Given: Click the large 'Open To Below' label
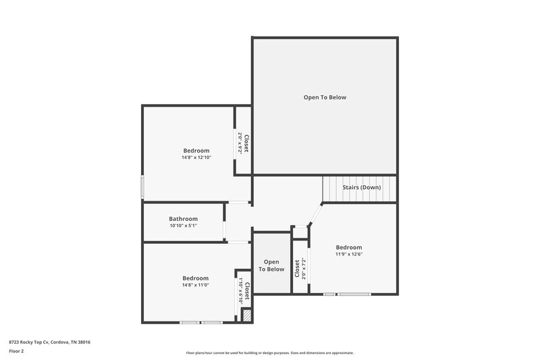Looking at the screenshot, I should click(x=324, y=97).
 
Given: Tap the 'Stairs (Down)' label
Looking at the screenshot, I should click(x=361, y=187).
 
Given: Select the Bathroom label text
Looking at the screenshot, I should click(x=183, y=219).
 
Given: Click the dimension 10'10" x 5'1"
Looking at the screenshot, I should click(x=183, y=226).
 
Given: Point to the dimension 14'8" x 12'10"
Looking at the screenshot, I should click(x=196, y=157).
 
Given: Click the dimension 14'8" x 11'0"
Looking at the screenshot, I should click(x=195, y=285).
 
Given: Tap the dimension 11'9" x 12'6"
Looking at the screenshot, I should click(x=349, y=254).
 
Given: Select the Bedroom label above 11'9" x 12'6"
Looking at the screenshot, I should click(x=349, y=247).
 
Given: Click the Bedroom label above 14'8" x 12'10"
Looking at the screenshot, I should click(x=196, y=151).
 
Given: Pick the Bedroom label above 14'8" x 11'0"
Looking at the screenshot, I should click(x=195, y=278).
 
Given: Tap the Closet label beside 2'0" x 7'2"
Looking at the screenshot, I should click(x=297, y=269).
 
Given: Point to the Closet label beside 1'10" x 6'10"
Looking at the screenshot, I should click(x=247, y=291).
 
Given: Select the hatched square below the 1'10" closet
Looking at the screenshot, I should click(x=247, y=315).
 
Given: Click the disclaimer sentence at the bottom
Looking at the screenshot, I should click(x=270, y=353).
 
